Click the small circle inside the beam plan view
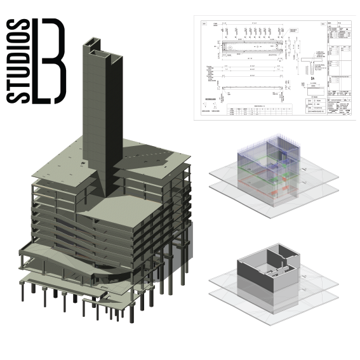click(x=233, y=50)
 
